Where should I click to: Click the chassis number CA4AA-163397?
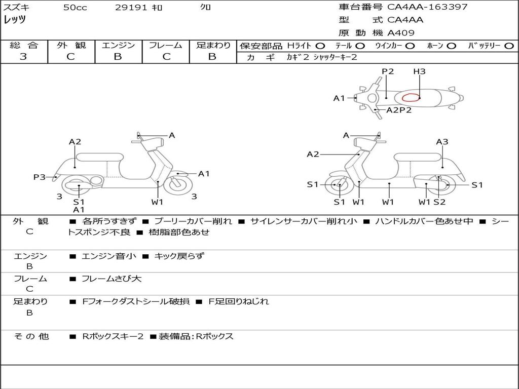coord(427,7)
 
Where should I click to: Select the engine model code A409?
coord(401,33)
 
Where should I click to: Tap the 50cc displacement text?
coord(75,8)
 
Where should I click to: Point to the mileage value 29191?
coord(131,8)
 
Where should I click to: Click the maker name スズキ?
coord(16,8)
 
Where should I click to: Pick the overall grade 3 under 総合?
coord(23,57)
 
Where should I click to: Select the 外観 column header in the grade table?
coord(71,46)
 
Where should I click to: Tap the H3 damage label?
coord(419,71)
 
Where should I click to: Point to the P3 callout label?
coord(40,177)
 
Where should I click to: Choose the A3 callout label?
coord(442,142)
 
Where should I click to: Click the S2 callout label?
coord(439,202)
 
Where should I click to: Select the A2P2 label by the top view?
coord(399,110)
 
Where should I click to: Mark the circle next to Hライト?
coord(320,46)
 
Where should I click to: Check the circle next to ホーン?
coord(452,46)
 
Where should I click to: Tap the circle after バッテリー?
coord(509,46)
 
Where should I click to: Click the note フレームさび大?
coord(112,279)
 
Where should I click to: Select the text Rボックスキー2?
coord(113,336)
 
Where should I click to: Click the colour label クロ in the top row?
coord(206,8)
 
